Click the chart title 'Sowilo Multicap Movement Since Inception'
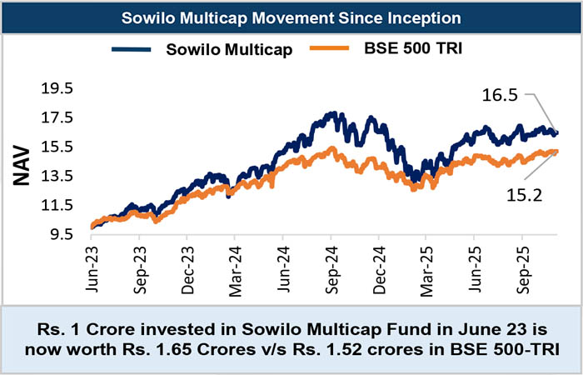point(291,16)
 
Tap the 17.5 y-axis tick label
point(57,117)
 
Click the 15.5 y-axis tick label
point(57,147)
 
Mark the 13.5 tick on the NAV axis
point(57,176)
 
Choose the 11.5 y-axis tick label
point(57,205)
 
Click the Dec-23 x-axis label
point(187,265)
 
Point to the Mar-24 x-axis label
point(235,265)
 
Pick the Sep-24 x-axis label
point(331,265)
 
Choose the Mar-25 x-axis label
point(426,265)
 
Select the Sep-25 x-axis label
point(522,265)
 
